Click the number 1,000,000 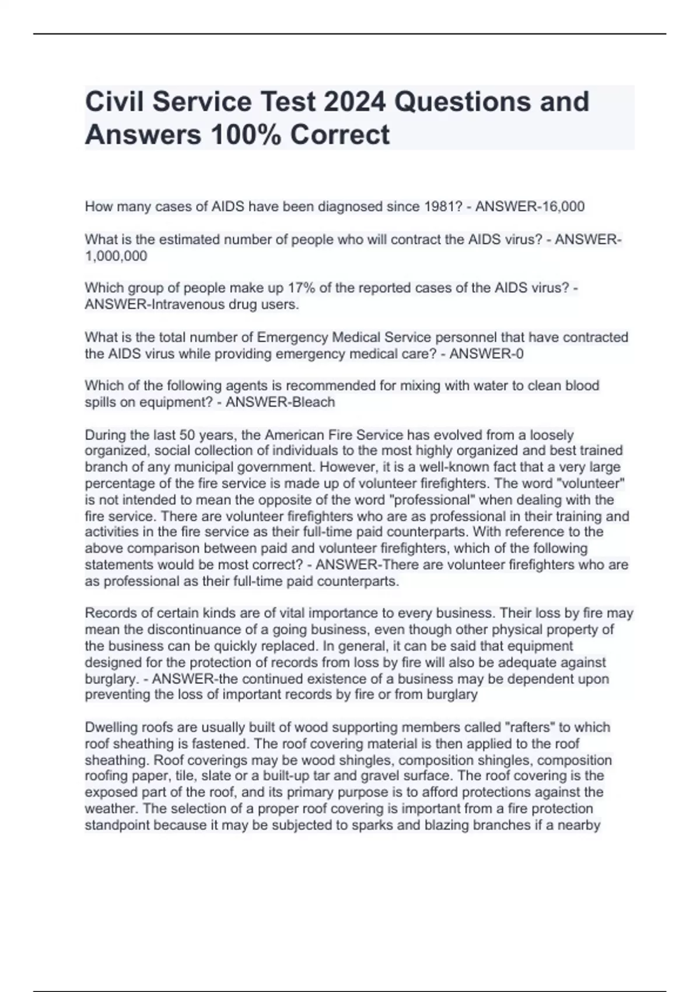point(116,256)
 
